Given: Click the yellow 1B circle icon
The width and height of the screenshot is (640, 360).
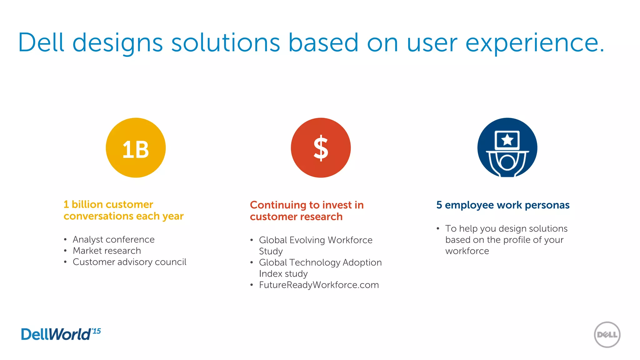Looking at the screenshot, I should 136,148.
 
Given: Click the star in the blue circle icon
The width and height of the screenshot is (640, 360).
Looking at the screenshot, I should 507,140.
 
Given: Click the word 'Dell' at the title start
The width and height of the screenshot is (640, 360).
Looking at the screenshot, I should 41,42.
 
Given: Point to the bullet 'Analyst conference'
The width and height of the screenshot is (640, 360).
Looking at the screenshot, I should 113,239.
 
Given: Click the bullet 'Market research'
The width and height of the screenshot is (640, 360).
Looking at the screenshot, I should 107,251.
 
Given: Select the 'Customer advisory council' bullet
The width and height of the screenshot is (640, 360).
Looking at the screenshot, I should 129,262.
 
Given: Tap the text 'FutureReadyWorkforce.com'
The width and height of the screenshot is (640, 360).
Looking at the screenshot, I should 319,285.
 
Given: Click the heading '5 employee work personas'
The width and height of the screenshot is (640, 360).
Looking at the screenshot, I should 503,205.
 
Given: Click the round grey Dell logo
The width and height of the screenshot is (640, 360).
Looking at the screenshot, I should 607,335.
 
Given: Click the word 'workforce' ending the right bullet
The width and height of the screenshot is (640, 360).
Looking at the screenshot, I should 467,251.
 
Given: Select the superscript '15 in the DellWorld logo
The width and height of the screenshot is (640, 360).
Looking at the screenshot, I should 97,331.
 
